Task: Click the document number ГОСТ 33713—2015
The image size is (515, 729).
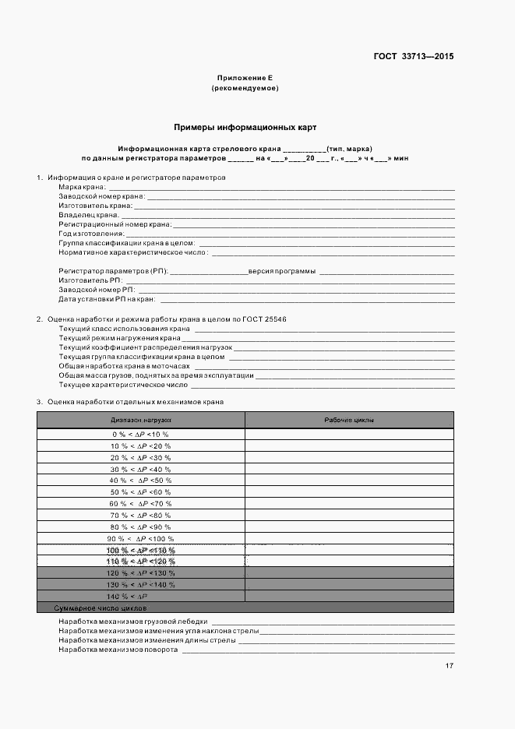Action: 412,56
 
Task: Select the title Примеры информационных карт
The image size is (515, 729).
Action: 245,126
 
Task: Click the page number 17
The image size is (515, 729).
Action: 450,666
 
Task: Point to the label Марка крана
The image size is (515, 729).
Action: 82,187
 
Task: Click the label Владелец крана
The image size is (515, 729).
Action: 88,214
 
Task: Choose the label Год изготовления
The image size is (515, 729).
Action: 90,233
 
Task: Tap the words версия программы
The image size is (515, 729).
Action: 282,271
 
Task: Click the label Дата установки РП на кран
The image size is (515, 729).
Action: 107,299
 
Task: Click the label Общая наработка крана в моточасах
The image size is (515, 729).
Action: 124,366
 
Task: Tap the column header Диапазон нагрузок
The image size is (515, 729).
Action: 141,420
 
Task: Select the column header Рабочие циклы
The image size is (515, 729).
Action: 349,420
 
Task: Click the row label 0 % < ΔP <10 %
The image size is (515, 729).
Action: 141,434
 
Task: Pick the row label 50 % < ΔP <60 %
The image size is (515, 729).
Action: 141,492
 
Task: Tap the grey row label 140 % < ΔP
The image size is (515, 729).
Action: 141,596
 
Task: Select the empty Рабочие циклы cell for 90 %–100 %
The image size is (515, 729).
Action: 349,538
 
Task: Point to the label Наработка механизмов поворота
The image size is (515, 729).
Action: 118,649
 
